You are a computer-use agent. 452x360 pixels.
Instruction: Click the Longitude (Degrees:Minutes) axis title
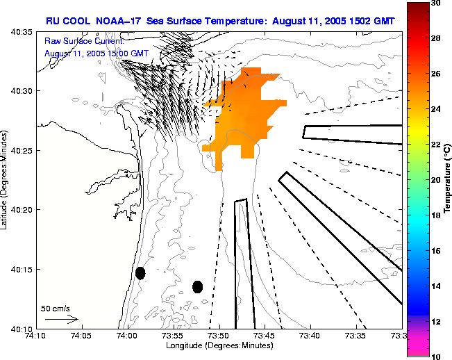pyautogui.click(x=219, y=346)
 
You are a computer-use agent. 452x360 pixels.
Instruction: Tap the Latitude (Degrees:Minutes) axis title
pyautogui.click(x=6, y=179)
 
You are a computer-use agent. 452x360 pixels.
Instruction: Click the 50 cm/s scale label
pyautogui.click(x=56, y=308)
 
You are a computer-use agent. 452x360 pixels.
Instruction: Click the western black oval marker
pyautogui.click(x=140, y=273)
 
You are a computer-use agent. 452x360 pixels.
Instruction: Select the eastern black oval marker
pyautogui.click(x=198, y=286)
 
